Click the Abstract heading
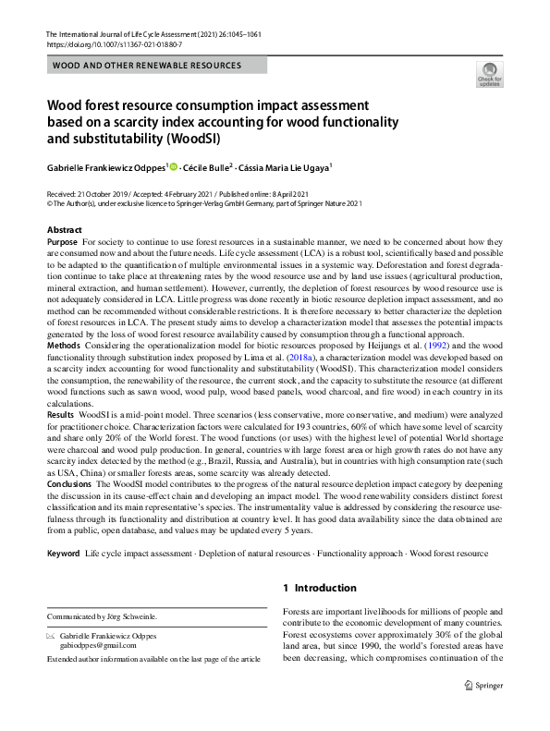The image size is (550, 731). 64,229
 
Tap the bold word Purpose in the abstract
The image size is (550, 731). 62,241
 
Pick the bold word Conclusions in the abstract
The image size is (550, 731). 69,483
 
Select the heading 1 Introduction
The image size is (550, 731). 319,588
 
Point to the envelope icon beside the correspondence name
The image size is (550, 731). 52,636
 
